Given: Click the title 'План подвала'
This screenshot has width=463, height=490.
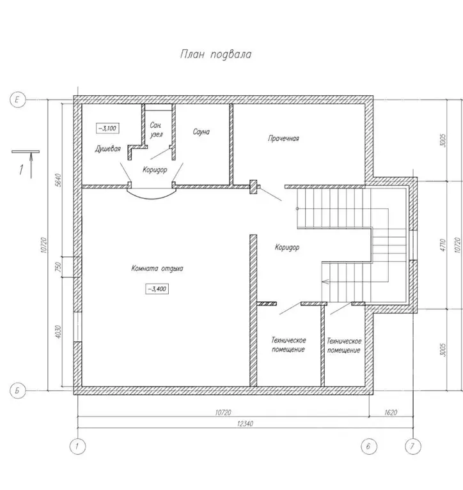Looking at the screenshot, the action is click(x=216, y=54).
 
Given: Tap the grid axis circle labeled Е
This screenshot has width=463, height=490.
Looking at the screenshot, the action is click(x=17, y=100).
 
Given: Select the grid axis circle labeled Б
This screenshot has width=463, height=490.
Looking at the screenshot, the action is click(x=17, y=390).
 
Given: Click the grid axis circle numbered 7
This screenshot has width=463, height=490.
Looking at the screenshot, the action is click(x=412, y=447).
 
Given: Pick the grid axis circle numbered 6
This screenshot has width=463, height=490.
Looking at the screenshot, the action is click(x=369, y=447).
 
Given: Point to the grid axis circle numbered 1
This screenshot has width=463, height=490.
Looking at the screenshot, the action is click(x=77, y=447).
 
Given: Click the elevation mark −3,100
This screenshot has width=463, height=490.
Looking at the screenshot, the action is click(x=107, y=128).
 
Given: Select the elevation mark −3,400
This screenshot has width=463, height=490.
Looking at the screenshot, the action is click(x=157, y=289).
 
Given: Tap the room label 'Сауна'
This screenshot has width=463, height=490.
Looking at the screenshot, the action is click(x=201, y=132).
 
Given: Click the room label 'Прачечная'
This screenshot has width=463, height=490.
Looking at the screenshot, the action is click(x=283, y=139).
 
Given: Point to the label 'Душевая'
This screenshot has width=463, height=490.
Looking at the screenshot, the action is click(x=107, y=149).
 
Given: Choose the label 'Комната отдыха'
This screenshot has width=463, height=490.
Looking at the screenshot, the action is click(x=157, y=268).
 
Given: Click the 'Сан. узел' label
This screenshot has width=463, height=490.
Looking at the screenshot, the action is click(x=156, y=130).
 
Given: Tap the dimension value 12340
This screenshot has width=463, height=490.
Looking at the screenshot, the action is click(x=246, y=424).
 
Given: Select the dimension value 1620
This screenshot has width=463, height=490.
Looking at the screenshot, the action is click(x=391, y=413).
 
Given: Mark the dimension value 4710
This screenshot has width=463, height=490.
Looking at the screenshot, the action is click(x=443, y=245).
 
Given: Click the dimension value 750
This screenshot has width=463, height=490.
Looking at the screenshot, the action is click(x=58, y=267).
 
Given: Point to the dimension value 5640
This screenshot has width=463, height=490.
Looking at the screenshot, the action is click(x=58, y=180).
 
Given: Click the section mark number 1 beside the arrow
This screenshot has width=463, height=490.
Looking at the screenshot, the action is click(x=21, y=170).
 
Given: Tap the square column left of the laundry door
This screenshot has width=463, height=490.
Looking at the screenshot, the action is click(x=253, y=187).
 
